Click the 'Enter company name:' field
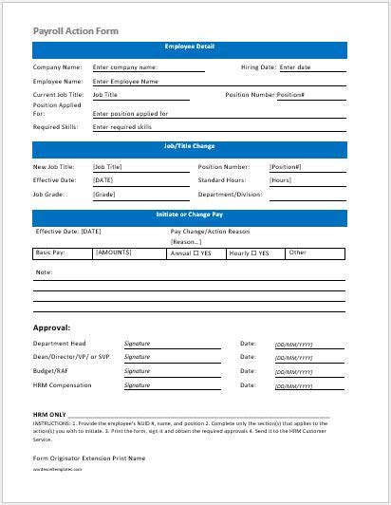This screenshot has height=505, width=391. pos(125,67)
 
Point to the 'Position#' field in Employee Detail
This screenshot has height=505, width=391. pos(290,95)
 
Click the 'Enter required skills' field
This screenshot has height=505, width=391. pos(122,126)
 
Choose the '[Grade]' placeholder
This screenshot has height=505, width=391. pos(103,194)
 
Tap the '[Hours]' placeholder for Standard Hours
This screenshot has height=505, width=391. pos(281,179)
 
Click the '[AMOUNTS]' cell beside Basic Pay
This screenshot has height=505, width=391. pos(114,252)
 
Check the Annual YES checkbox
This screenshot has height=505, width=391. pos(195,253)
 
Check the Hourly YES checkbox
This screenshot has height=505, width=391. pos(253,253)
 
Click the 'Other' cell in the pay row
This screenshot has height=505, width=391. pos(298,252)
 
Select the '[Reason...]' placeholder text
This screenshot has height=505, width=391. pos(187,241)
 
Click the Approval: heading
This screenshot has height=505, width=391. pos(53,327)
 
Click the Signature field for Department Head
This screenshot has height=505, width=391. pos(138,344)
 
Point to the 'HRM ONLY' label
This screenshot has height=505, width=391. pos(49,415)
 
